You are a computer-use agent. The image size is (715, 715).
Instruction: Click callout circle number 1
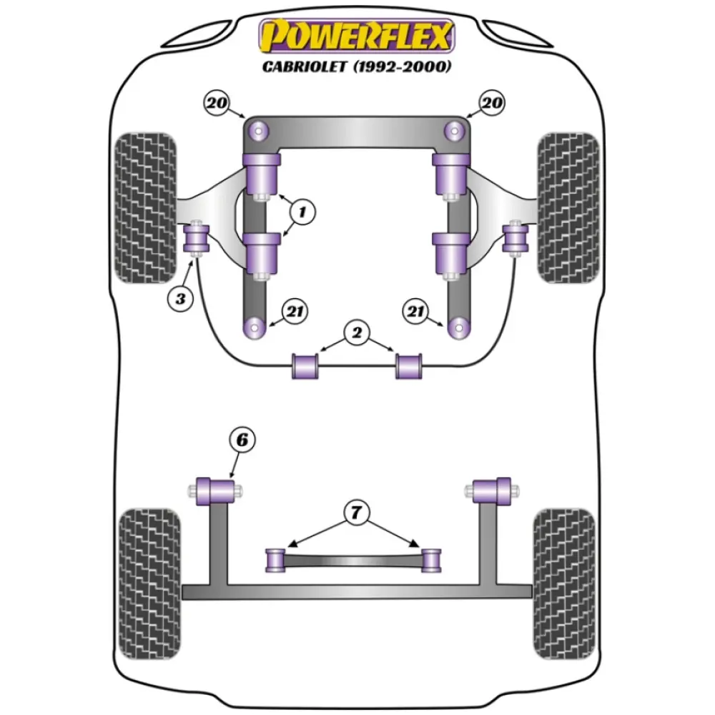click(x=302, y=211)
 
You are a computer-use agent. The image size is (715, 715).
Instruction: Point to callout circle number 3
click(x=180, y=299)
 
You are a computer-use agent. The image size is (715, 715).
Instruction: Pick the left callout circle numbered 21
click(x=293, y=311)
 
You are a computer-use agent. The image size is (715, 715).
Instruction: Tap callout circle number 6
click(x=242, y=441)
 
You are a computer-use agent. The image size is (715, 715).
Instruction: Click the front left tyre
click(x=144, y=207)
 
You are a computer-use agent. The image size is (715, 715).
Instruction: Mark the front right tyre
click(x=568, y=207)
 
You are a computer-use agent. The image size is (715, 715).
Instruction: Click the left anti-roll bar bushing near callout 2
click(x=305, y=366)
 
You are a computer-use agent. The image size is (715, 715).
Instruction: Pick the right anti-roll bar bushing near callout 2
click(x=410, y=366)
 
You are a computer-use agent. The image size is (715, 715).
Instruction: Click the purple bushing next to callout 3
click(x=196, y=238)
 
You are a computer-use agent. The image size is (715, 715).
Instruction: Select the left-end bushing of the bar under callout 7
click(x=275, y=560)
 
